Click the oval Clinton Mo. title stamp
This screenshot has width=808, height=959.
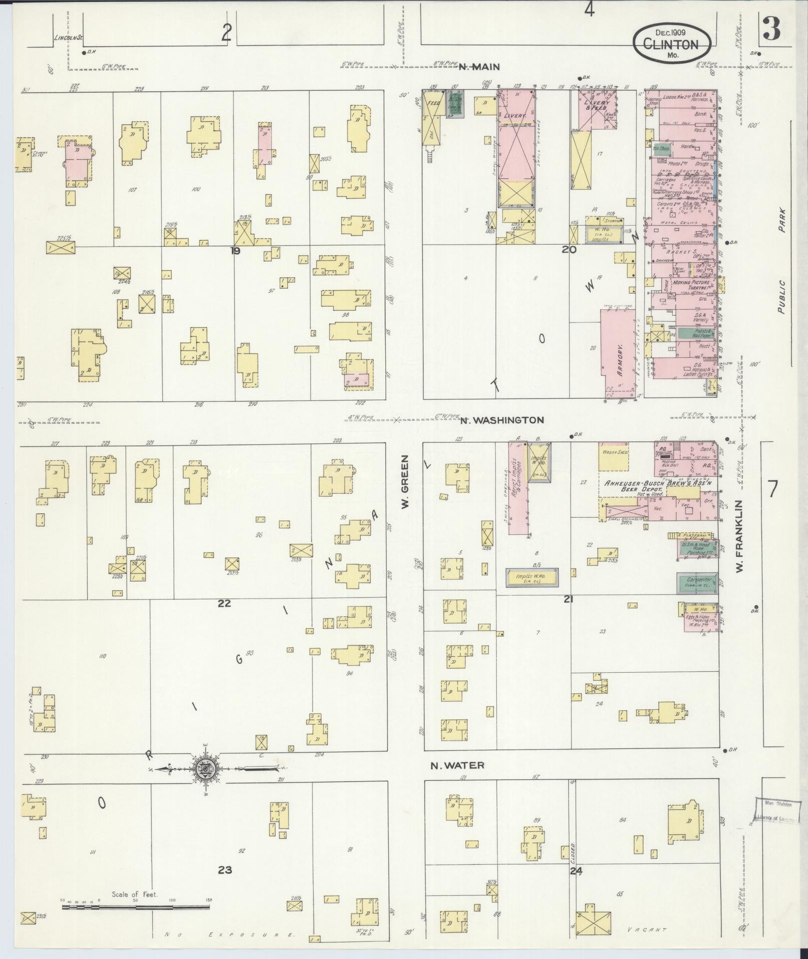point(671,44)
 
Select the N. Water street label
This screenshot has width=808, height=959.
point(457,779)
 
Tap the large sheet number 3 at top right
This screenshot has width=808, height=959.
point(771,30)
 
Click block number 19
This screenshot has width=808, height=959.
point(235,250)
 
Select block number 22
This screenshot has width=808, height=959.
point(224,603)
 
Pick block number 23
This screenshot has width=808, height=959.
point(225,869)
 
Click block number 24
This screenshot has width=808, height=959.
point(576,871)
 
